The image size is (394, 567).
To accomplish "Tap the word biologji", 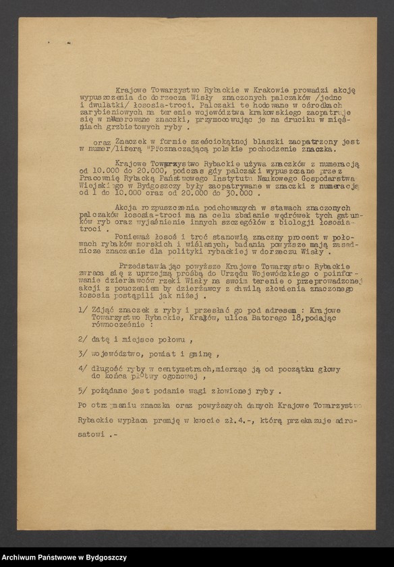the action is tap(301, 221).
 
